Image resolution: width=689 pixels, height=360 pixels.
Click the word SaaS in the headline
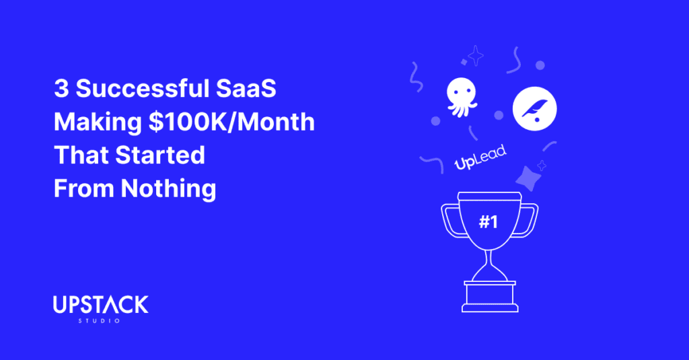246,88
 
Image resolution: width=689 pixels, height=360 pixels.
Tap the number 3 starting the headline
61,88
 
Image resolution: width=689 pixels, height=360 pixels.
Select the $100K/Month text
231,122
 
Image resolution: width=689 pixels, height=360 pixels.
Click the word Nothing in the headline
168,189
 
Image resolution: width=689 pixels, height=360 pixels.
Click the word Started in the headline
160,155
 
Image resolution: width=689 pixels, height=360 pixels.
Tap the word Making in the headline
98,122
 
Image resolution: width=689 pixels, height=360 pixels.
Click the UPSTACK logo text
101,305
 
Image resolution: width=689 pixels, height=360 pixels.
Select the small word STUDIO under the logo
100,321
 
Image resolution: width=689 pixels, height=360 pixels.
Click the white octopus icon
461,96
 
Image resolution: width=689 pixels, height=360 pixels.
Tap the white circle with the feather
534,108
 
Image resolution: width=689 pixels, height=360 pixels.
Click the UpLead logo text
480,157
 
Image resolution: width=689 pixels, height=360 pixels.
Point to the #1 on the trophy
488,222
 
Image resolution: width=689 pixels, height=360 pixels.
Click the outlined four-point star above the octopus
476,56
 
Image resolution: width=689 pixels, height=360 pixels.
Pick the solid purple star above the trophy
528,178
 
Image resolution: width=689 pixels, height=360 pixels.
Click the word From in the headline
83,189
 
